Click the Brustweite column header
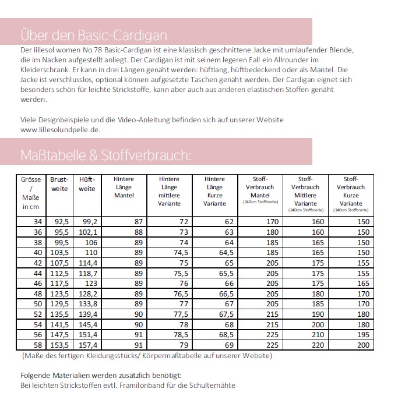59,185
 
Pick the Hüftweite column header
87,185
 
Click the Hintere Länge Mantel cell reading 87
138,221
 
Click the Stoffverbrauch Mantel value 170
272,221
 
